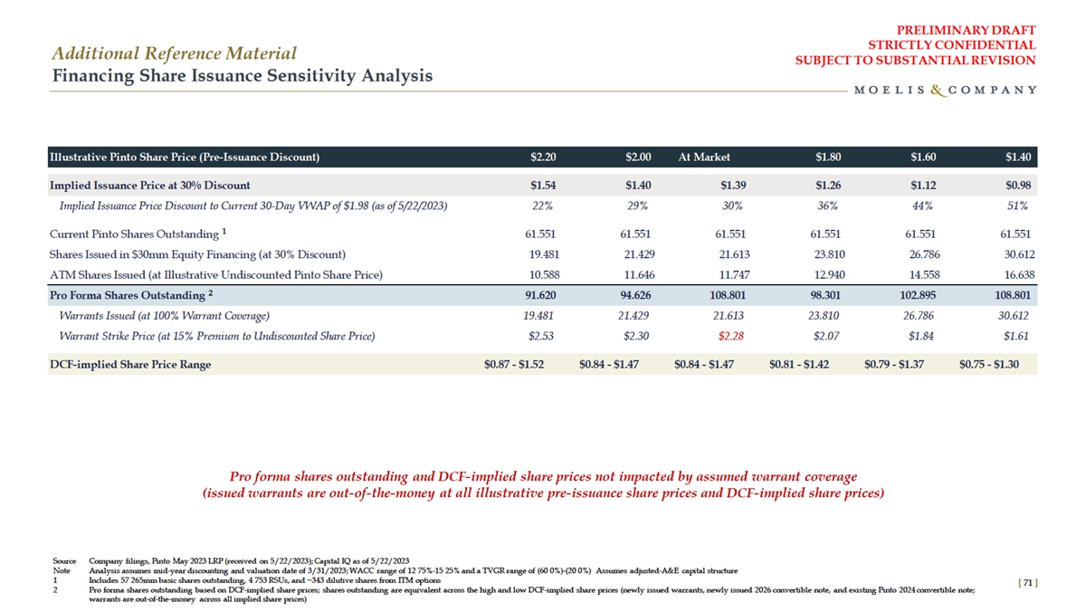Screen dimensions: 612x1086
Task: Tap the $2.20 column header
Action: point(543,157)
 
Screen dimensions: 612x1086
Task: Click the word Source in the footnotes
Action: point(64,561)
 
